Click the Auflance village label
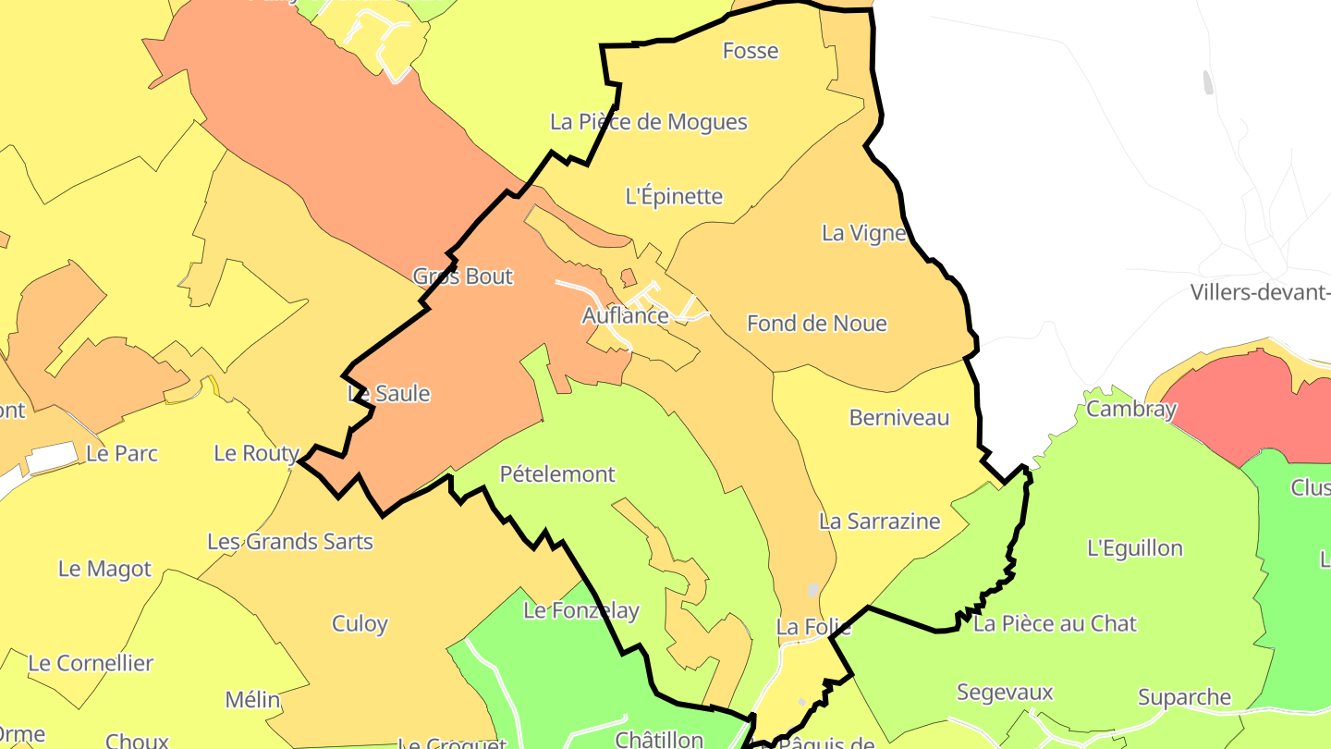click(x=625, y=315)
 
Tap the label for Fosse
click(x=750, y=51)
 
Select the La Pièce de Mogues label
click(x=648, y=121)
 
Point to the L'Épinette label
click(x=674, y=196)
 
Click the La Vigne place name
click(x=864, y=233)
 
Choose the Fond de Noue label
click(x=816, y=324)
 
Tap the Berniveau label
click(x=898, y=418)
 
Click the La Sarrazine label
click(x=879, y=522)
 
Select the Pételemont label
click(x=556, y=474)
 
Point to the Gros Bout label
click(x=462, y=276)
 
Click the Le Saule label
click(x=388, y=394)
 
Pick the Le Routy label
click(x=256, y=453)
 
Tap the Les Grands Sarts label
click(x=289, y=542)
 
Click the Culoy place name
click(x=360, y=624)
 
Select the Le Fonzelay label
click(x=580, y=611)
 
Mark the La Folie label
click(x=812, y=627)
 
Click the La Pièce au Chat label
click(x=1055, y=624)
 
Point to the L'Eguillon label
click(x=1134, y=548)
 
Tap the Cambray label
click(x=1130, y=409)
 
